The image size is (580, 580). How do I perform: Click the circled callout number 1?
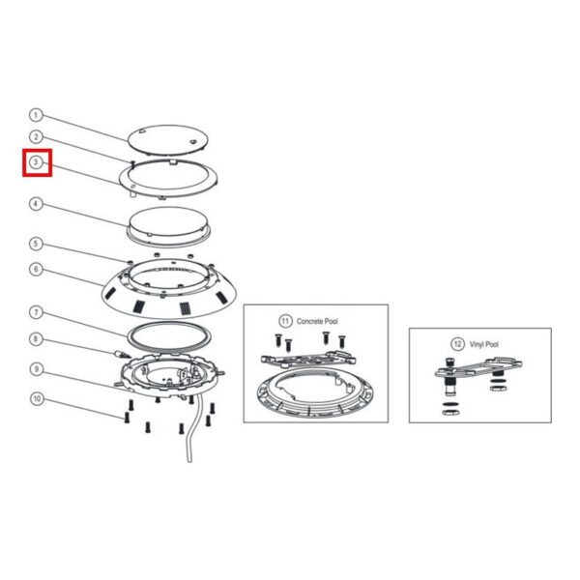pyautogui.click(x=36, y=115)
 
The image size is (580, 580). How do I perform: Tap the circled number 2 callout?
pyautogui.click(x=36, y=137)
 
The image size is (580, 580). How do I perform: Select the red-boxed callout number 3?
pyautogui.click(x=36, y=162)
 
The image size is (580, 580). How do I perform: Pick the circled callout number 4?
pyautogui.click(x=36, y=204)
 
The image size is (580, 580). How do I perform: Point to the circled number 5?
pyautogui.click(x=36, y=244)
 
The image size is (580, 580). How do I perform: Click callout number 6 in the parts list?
pyautogui.click(x=36, y=270)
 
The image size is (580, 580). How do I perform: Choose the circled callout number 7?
pyautogui.click(x=36, y=312)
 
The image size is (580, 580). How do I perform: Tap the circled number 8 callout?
pyautogui.click(x=36, y=339)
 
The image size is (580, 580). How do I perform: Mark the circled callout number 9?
pyautogui.click(x=37, y=369)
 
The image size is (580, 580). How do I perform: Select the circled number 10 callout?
pyautogui.click(x=37, y=399)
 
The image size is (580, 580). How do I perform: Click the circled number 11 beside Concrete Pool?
pyautogui.click(x=285, y=321)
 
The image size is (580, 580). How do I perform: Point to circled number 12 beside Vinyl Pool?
pyautogui.click(x=457, y=344)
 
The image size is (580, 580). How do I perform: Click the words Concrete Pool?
pyautogui.click(x=317, y=322)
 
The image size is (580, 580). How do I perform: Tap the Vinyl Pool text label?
pyautogui.click(x=484, y=344)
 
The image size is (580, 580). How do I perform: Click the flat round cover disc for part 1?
pyautogui.click(x=167, y=140)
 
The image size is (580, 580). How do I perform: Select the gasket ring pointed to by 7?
pyautogui.click(x=130, y=334)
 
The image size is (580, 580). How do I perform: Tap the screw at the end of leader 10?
pyautogui.click(x=127, y=418)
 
